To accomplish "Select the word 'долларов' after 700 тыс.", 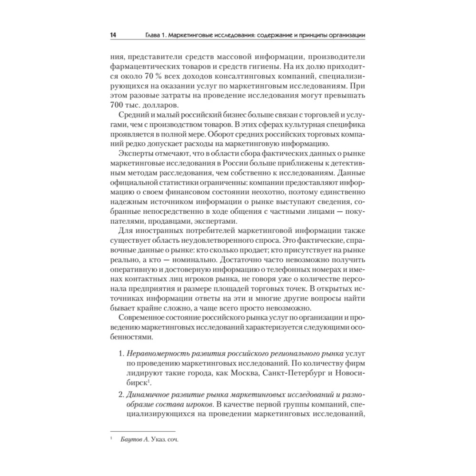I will pyautogui.click(x=150, y=105).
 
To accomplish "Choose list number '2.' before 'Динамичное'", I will pyautogui.click(x=121, y=395).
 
